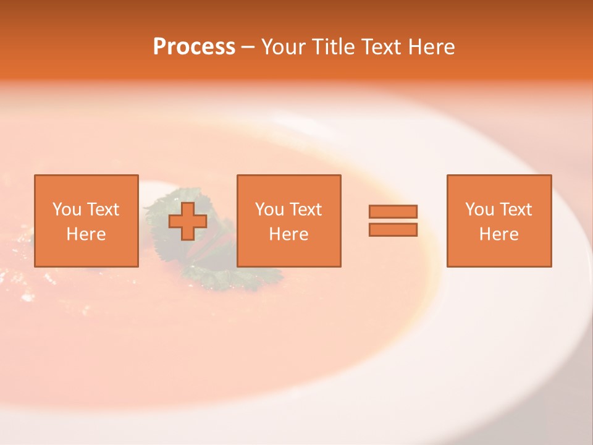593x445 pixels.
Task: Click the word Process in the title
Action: click(x=194, y=47)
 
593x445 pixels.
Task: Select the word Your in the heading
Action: click(x=284, y=47)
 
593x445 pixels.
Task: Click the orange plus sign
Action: click(x=188, y=221)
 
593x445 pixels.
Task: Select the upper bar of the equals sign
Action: click(x=393, y=211)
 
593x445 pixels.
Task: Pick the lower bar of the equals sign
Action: click(x=393, y=229)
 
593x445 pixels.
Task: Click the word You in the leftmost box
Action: click(x=67, y=210)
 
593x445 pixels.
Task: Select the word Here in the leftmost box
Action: click(x=86, y=234)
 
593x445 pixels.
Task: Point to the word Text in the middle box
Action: click(x=305, y=210)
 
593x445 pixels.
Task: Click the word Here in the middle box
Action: click(x=289, y=234)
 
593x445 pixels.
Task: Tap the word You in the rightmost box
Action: click(x=479, y=210)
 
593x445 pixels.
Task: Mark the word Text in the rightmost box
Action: click(x=515, y=210)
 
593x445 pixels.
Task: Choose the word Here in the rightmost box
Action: click(x=499, y=234)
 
